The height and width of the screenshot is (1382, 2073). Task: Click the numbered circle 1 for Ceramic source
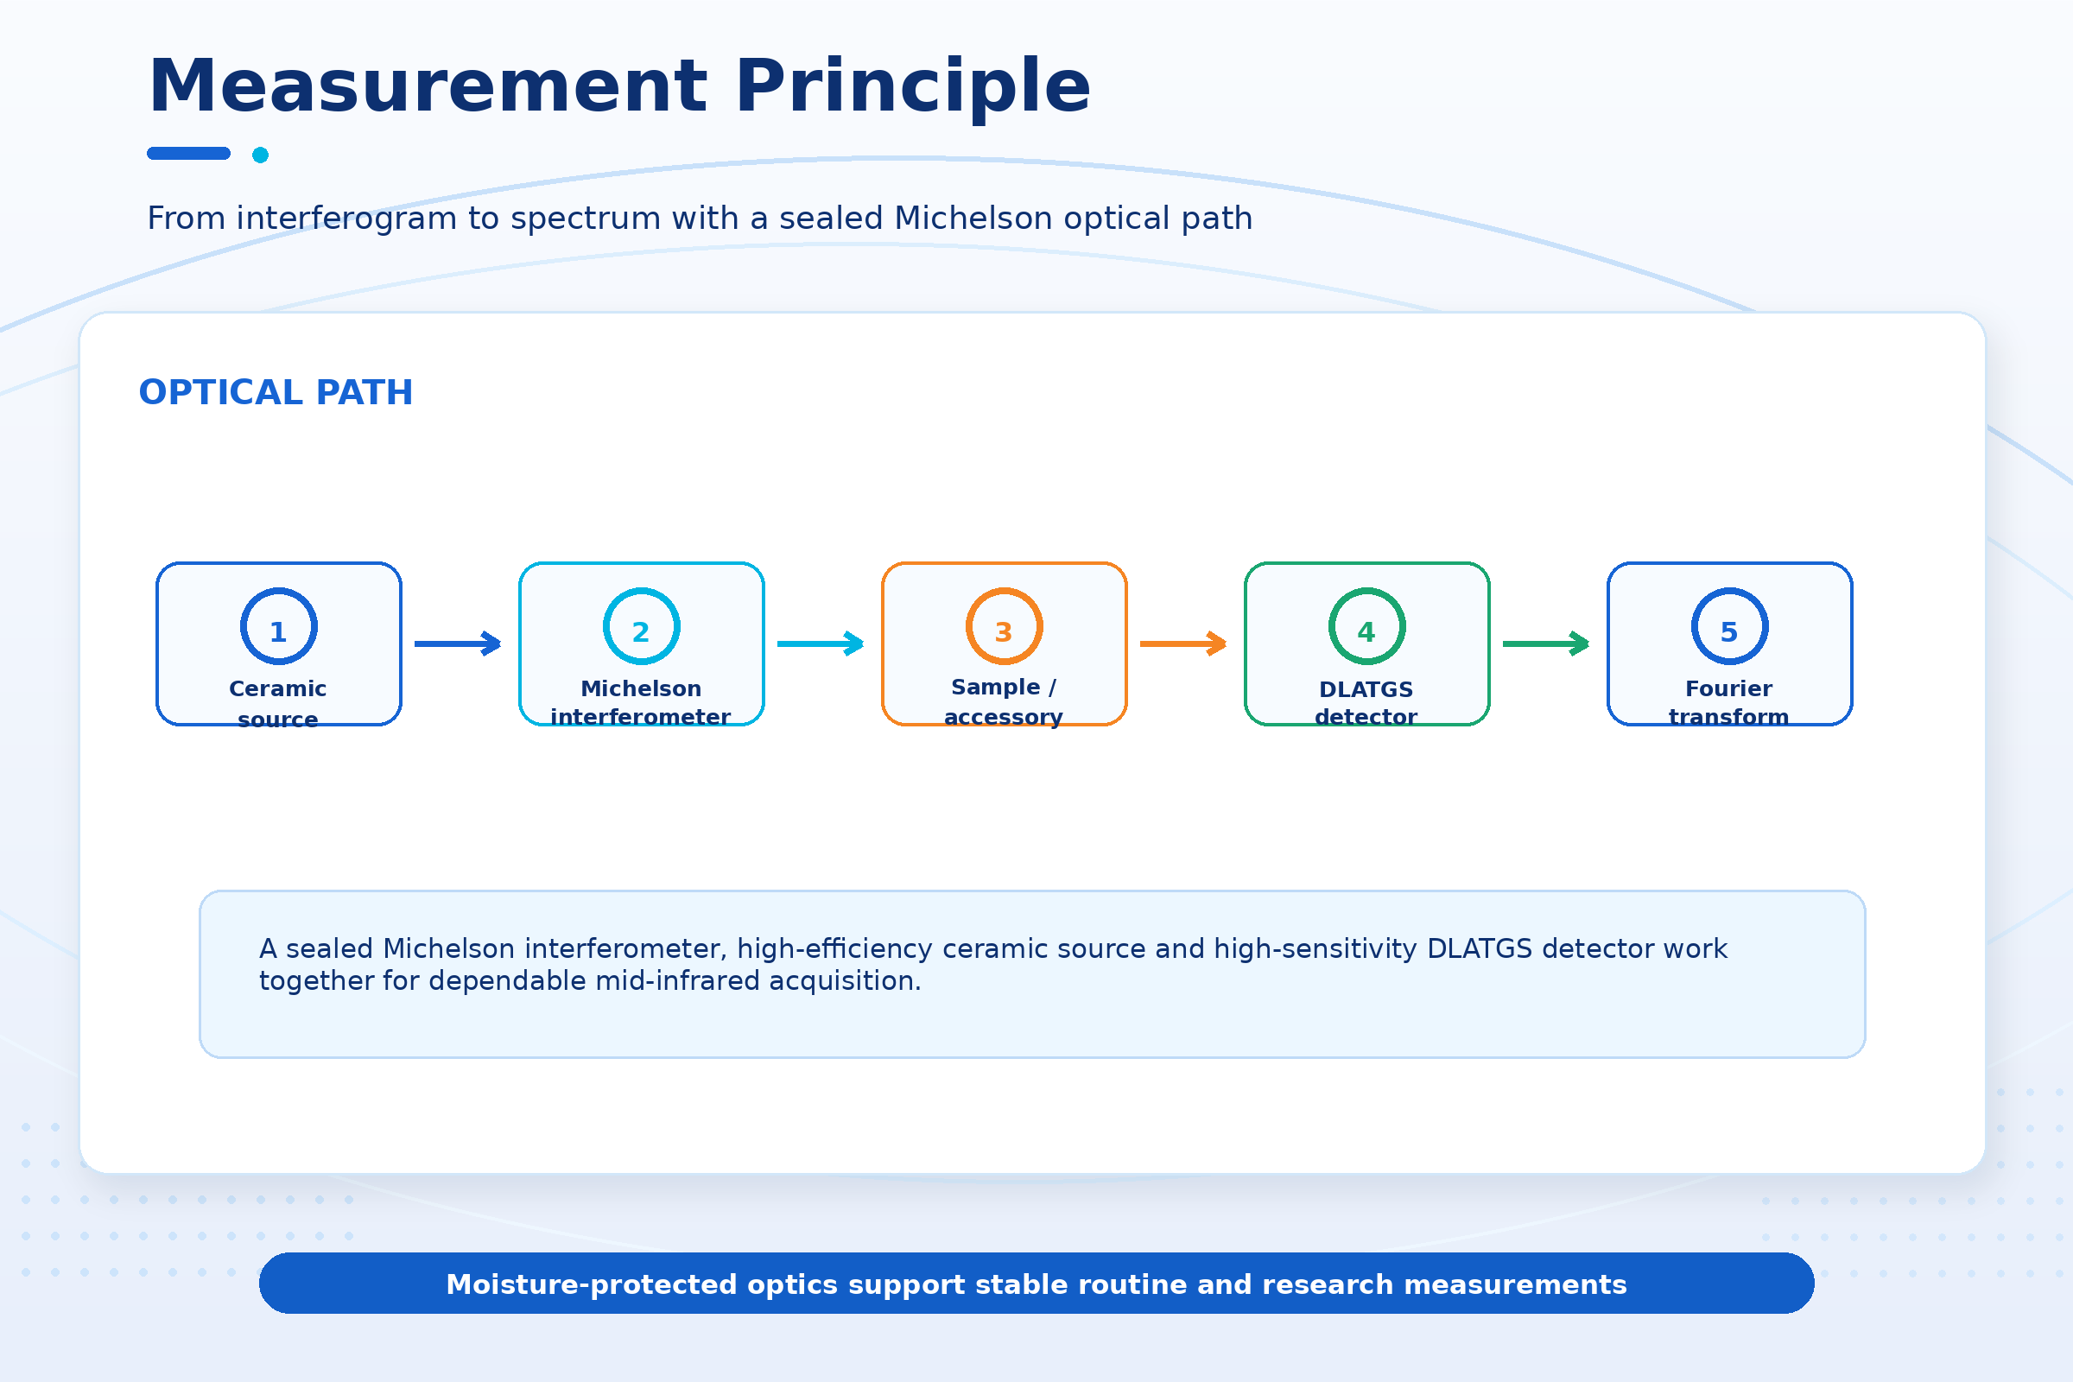coord(278,589)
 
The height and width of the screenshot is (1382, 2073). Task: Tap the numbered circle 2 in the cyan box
coord(642,589)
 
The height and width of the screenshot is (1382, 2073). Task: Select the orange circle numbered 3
coord(1004,589)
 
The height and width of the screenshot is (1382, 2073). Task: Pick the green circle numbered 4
coord(1367,589)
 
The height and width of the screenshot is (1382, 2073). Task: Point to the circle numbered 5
coord(1729,589)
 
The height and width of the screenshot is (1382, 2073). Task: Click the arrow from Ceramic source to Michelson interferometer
coord(458,643)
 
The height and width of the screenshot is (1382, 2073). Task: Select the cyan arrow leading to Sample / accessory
coord(821,643)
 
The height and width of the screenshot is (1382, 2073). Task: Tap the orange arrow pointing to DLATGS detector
coord(1182,643)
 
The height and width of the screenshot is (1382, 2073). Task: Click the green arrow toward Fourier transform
coord(1546,643)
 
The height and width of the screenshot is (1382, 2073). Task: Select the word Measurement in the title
coord(428,86)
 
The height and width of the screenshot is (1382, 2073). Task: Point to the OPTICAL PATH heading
coord(276,392)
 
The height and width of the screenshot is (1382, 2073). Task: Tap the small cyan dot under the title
coord(260,155)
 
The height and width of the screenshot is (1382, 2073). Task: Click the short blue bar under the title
coord(188,154)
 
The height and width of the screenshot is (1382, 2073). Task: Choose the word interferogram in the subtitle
coord(346,219)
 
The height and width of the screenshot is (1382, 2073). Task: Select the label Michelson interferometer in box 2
coord(641,701)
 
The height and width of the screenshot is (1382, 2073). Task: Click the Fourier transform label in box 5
coord(1729,701)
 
